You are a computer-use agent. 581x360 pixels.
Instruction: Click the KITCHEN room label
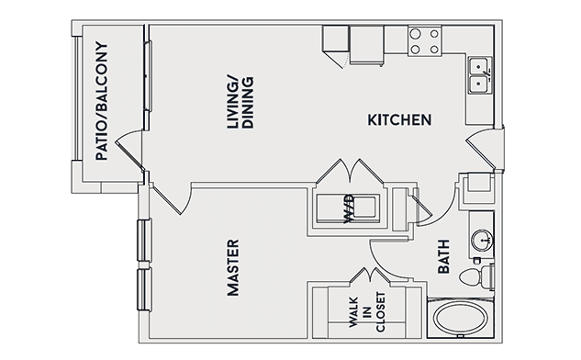399,119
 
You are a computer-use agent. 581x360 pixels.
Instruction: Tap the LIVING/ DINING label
240,103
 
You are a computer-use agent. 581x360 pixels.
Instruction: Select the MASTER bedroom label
233,267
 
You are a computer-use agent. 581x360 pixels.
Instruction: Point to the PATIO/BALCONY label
101,101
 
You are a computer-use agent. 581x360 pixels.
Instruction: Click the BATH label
443,256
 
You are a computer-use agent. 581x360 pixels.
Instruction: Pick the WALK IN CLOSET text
367,311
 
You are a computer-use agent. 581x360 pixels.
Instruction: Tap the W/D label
349,209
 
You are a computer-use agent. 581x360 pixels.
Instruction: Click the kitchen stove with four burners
425,41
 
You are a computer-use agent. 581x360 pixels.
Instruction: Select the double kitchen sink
480,75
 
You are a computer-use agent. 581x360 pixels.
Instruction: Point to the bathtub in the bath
461,318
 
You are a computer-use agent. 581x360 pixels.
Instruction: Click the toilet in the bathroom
476,276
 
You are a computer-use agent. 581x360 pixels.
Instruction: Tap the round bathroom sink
482,240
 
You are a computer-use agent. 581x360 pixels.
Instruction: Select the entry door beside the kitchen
484,149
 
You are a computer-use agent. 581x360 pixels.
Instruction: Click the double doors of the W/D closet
350,171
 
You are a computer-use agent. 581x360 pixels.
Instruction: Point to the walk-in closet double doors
371,276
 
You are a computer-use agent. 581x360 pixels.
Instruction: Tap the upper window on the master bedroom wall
144,241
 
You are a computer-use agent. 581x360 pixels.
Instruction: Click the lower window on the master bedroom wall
144,289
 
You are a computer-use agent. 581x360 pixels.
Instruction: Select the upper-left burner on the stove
416,34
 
